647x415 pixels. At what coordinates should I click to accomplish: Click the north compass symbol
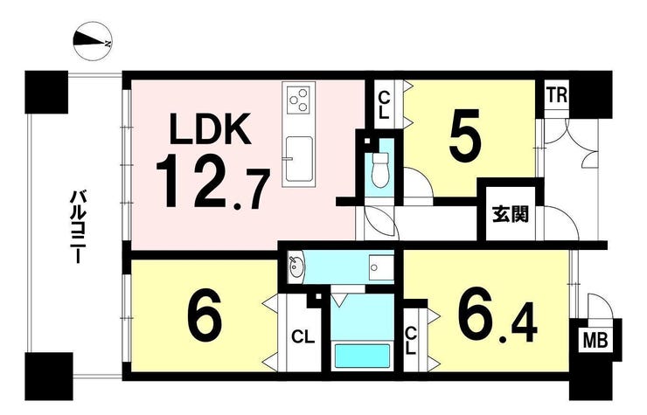pyautogui.click(x=93, y=42)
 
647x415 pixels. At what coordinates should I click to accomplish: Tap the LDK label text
pyautogui.click(x=211, y=128)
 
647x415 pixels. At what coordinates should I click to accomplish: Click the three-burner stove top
pyautogui.click(x=298, y=99)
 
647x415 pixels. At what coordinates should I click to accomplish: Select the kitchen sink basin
pyautogui.click(x=299, y=159)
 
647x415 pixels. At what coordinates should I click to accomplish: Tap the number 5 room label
pyautogui.click(x=464, y=135)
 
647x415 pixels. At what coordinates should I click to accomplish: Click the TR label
pyautogui.click(x=557, y=95)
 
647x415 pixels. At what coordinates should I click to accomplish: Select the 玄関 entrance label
pyautogui.click(x=511, y=215)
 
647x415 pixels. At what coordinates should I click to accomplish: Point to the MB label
pyautogui.click(x=595, y=341)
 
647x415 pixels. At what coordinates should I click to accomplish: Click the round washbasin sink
pyautogui.click(x=295, y=266)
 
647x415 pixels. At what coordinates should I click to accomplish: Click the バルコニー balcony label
pyautogui.click(x=78, y=226)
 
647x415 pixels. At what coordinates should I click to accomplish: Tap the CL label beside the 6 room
pyautogui.click(x=303, y=337)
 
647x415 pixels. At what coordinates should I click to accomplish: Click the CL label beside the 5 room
pyautogui.click(x=384, y=105)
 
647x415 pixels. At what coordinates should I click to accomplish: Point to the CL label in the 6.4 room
pyautogui.click(x=411, y=341)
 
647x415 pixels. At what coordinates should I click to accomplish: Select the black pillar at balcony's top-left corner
pyautogui.click(x=46, y=92)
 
